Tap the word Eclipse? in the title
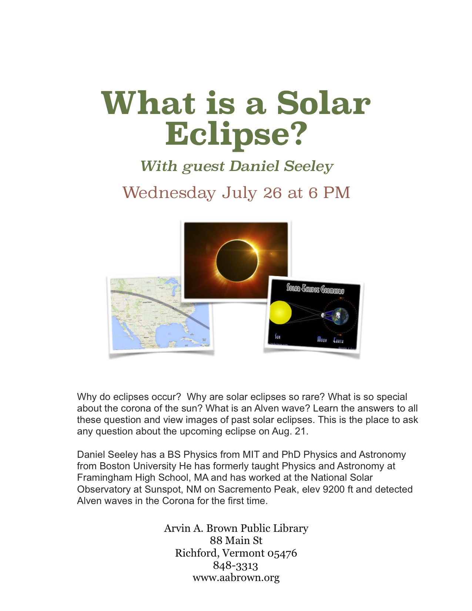(x=236, y=134)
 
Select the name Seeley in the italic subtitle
(x=309, y=166)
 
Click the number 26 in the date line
(x=272, y=193)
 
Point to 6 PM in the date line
(x=329, y=193)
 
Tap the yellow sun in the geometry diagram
(x=281, y=312)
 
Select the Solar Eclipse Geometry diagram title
(x=315, y=289)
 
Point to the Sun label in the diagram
(x=278, y=337)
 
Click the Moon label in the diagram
(x=322, y=339)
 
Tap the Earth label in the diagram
(x=338, y=340)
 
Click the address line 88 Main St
(x=236, y=541)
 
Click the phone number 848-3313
(x=235, y=565)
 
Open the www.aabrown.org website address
(x=236, y=578)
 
